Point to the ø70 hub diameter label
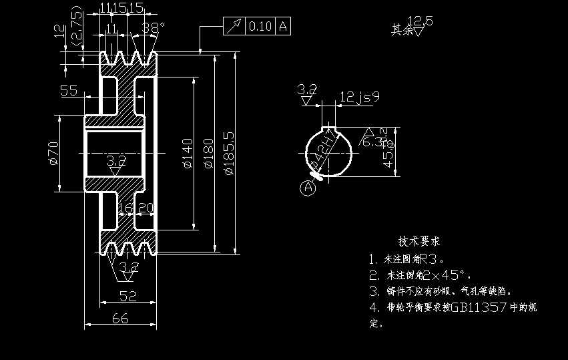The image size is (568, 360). [x=54, y=153]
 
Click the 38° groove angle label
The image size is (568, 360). [x=153, y=28]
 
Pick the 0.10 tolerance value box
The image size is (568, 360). [x=260, y=26]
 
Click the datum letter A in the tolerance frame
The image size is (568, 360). [x=284, y=26]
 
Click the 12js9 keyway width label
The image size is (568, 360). [x=359, y=98]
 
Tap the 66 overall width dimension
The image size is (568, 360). [x=120, y=319]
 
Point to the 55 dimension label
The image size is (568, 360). [x=69, y=91]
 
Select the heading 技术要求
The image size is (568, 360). [x=419, y=241]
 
